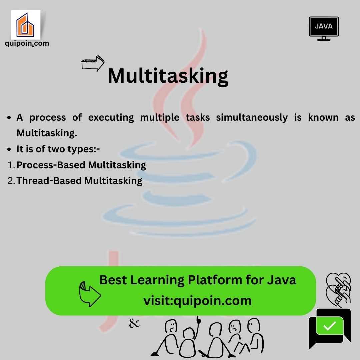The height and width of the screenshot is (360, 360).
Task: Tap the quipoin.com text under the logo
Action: pyautogui.click(x=27, y=43)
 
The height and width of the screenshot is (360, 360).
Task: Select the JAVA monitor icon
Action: pyautogui.click(x=324, y=29)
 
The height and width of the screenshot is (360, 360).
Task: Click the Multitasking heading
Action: pyautogui.click(x=168, y=76)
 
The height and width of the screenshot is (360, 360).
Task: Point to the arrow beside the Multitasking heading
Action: pyautogui.click(x=93, y=63)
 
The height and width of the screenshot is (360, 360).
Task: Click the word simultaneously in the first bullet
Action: pyautogui.click(x=252, y=118)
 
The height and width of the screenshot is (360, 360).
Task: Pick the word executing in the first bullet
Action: pyautogui.click(x=111, y=118)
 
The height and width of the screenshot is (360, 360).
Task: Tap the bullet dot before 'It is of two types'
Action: pyautogui.click(x=9, y=149)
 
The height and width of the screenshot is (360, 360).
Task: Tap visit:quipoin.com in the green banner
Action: pyautogui.click(x=197, y=301)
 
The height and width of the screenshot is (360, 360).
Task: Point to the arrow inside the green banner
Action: pyautogui.click(x=90, y=294)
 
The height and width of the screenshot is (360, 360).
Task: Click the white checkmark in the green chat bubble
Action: pyautogui.click(x=329, y=326)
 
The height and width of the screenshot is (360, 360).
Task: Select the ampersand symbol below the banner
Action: pyautogui.click(x=134, y=323)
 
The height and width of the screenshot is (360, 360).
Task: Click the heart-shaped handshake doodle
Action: pyautogui.click(x=338, y=290)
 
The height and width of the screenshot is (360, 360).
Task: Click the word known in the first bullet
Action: pyautogui.click(x=323, y=117)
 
